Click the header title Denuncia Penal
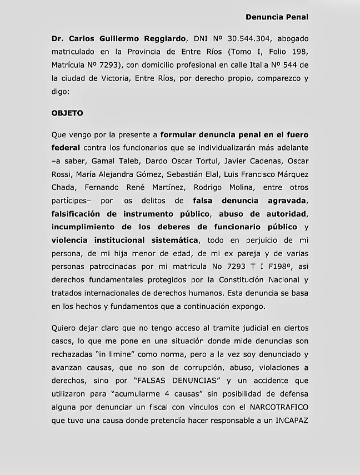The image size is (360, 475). (x=277, y=17)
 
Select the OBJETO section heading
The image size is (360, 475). (x=67, y=113)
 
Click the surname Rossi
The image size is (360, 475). (x=62, y=174)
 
